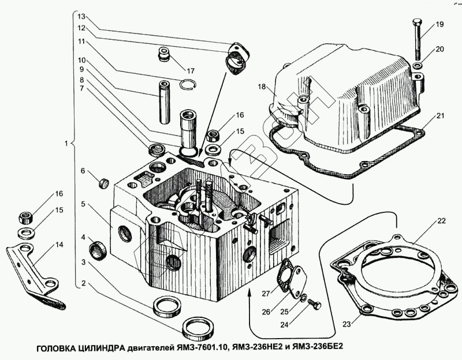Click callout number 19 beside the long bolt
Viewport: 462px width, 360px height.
(439, 24)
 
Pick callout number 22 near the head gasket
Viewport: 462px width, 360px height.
(441, 220)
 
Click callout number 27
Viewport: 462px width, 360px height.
(266, 294)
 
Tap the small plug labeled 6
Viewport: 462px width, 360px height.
(105, 183)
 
